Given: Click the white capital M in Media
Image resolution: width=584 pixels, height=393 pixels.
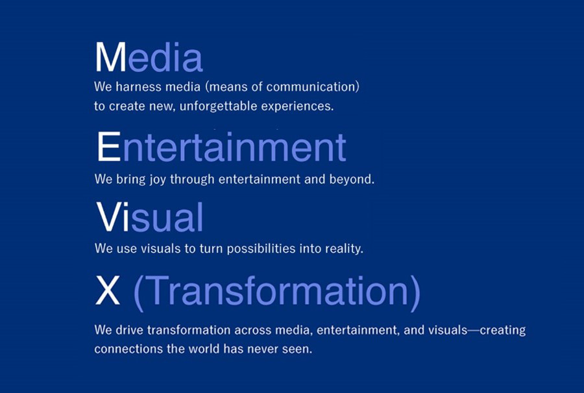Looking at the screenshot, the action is click(x=111, y=57).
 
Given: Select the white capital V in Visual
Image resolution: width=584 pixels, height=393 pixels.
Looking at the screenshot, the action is click(x=109, y=217).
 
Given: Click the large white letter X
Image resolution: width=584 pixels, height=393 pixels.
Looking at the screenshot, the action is click(x=108, y=291).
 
